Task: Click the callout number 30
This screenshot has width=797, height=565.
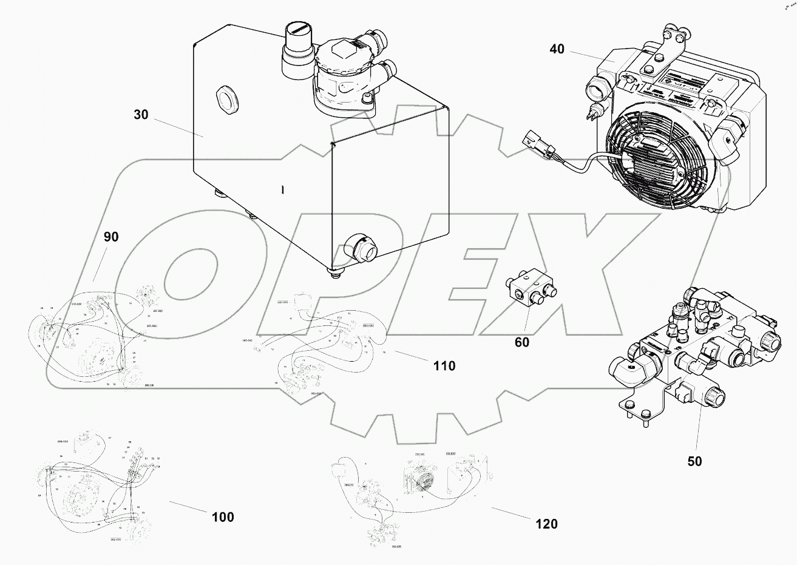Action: coord(141,115)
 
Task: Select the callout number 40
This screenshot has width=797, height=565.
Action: coord(557,49)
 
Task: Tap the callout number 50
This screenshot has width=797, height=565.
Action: coord(694,461)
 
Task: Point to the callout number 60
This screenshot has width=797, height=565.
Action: coord(521,342)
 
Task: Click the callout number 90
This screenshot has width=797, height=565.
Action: coord(111,237)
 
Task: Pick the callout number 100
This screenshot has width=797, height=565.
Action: coord(223,517)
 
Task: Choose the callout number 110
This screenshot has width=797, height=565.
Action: coord(444,365)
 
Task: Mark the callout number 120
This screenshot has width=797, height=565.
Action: coord(546,524)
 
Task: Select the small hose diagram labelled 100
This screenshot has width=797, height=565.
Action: coord(100,485)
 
